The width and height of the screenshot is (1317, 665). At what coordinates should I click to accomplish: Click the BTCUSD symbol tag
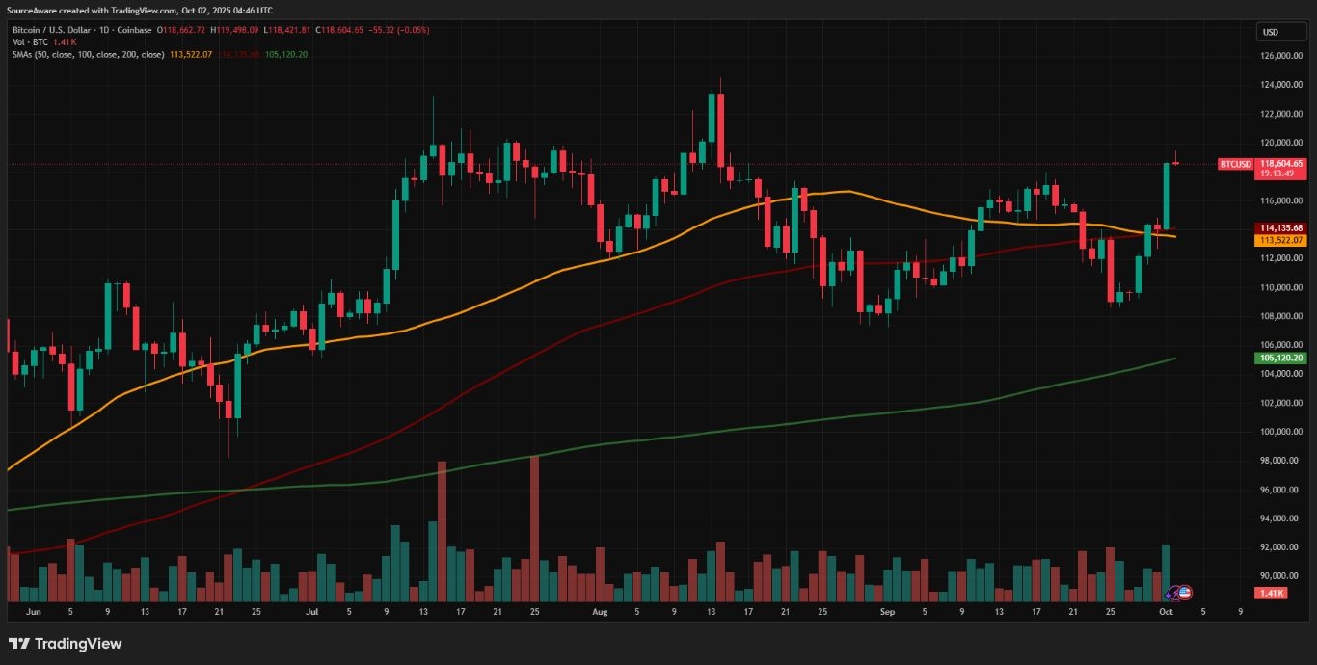click(1235, 164)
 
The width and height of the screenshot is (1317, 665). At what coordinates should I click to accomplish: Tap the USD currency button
click(1271, 32)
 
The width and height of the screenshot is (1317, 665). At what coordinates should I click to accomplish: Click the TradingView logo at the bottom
click(65, 643)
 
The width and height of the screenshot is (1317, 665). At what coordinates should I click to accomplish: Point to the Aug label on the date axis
click(600, 611)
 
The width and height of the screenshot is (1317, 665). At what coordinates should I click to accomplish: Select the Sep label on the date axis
click(887, 611)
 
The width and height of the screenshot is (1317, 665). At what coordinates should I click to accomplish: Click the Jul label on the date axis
click(311, 611)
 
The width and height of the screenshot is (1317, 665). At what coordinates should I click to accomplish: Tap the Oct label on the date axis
click(1166, 611)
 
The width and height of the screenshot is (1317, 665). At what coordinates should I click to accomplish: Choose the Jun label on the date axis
click(34, 611)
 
